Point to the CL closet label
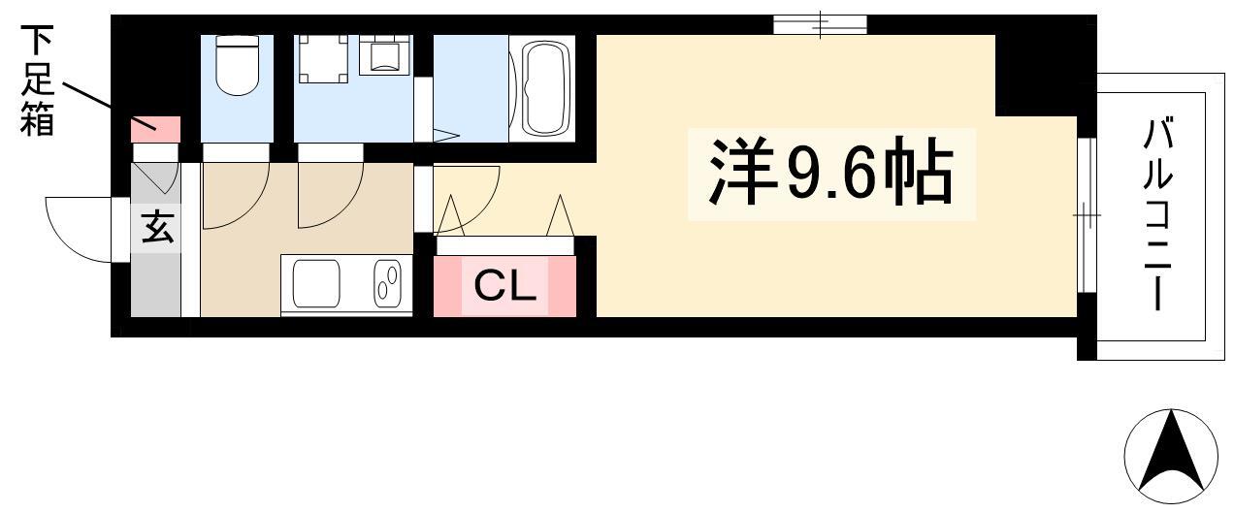(505, 286)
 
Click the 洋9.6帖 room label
(830, 173)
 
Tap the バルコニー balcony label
(1157, 213)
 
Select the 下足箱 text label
(37, 80)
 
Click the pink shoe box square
(155, 130)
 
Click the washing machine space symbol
(323, 59)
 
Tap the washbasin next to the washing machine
(385, 54)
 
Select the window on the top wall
(820, 25)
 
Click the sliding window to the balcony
(1087, 214)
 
